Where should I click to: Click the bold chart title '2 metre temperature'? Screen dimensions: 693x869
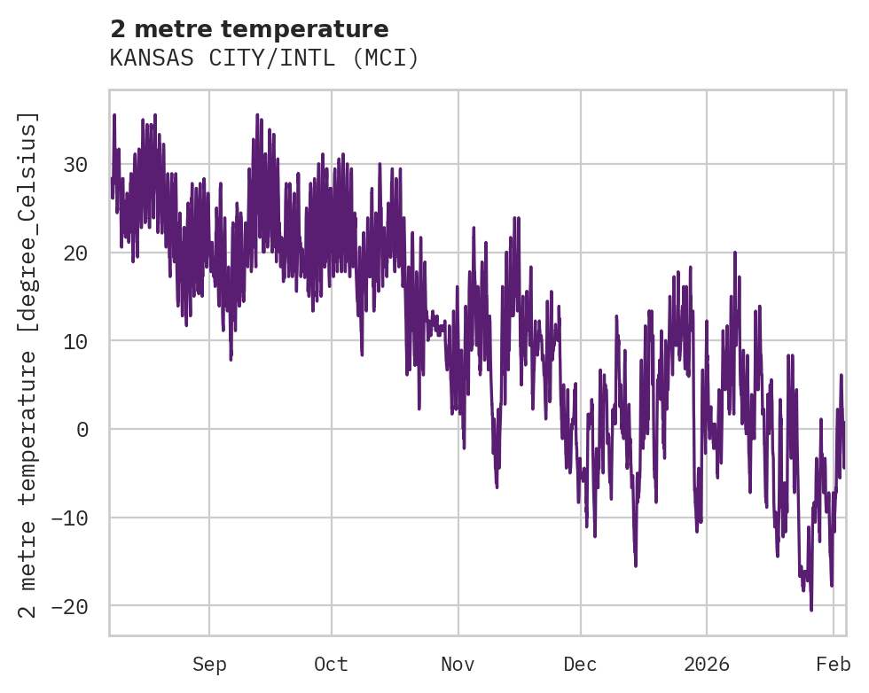tap(249, 28)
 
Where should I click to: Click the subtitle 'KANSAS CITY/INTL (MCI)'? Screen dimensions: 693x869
tap(263, 58)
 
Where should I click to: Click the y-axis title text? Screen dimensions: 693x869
tap(29, 364)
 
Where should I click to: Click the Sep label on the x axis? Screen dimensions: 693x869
tap(209, 665)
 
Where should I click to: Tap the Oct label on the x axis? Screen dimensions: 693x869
tap(331, 665)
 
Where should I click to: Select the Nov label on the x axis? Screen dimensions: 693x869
tap(458, 665)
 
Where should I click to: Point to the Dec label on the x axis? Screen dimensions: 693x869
tap(580, 665)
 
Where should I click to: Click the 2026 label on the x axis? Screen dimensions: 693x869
tap(707, 665)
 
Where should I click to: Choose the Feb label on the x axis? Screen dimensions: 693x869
tap(834, 665)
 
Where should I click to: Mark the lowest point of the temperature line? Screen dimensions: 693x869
tap(811, 610)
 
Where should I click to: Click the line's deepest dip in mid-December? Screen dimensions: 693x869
tap(636, 565)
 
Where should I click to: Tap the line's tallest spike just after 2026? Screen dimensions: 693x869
tap(735, 253)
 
